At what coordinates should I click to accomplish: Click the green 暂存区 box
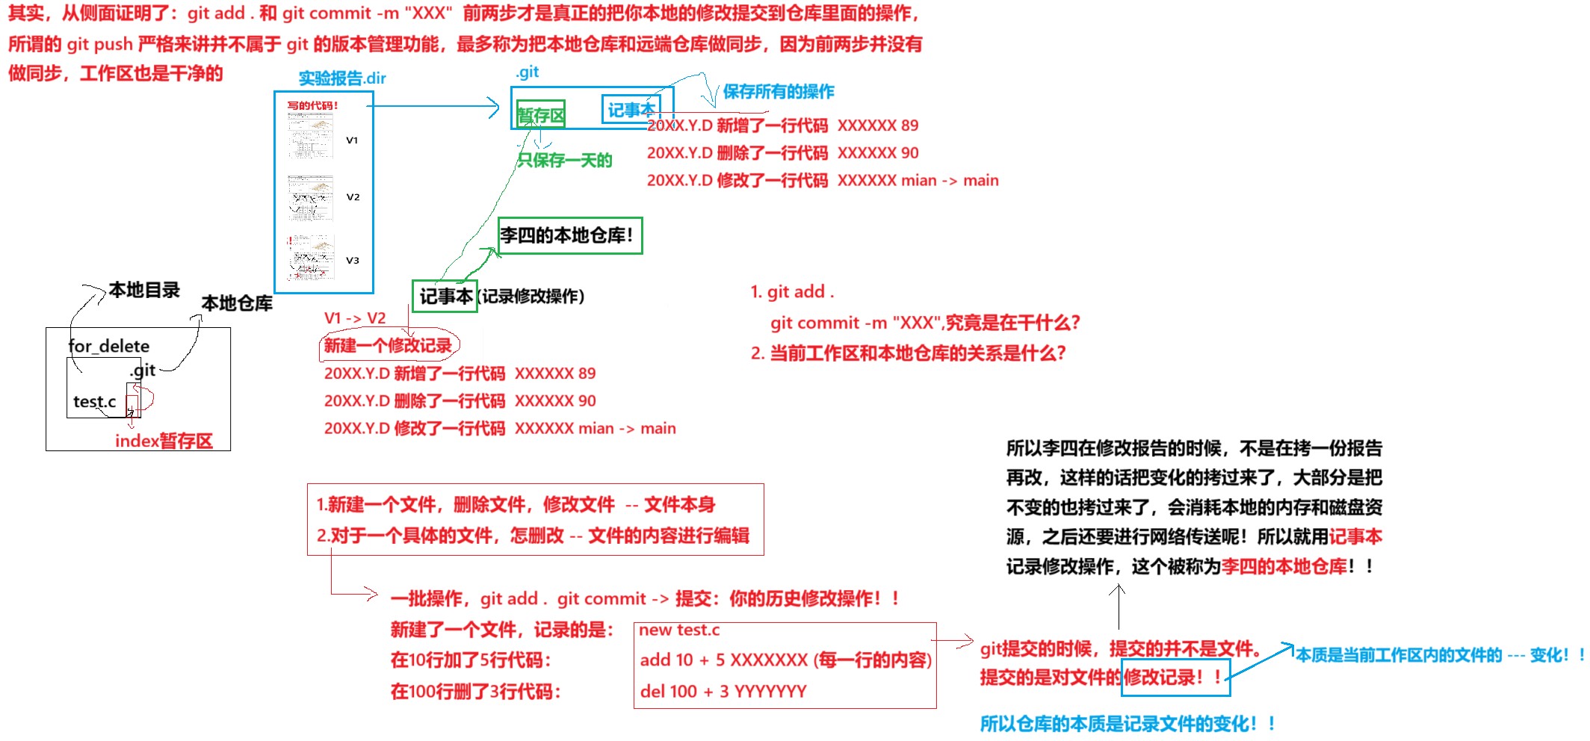point(540,115)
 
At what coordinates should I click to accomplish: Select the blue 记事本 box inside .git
point(630,110)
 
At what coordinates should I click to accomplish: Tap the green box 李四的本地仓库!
point(569,235)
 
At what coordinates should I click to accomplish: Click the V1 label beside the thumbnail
point(352,140)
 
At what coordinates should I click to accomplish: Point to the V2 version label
point(353,197)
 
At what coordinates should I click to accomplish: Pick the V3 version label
point(352,261)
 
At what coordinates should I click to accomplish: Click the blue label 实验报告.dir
point(342,78)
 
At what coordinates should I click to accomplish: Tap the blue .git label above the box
point(527,72)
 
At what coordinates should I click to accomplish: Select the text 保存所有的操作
point(778,92)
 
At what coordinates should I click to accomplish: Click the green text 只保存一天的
point(565,161)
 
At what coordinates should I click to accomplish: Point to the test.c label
point(94,402)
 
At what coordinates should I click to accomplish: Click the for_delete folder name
point(108,347)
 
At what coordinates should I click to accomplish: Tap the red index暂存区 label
point(164,441)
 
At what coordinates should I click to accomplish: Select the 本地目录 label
point(144,290)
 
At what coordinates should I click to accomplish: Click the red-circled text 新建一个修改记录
point(388,345)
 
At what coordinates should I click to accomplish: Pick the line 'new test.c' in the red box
point(678,630)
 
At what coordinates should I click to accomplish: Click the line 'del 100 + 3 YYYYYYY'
point(723,692)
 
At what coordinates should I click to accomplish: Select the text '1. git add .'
point(792,292)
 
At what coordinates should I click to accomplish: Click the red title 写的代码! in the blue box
point(312,106)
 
